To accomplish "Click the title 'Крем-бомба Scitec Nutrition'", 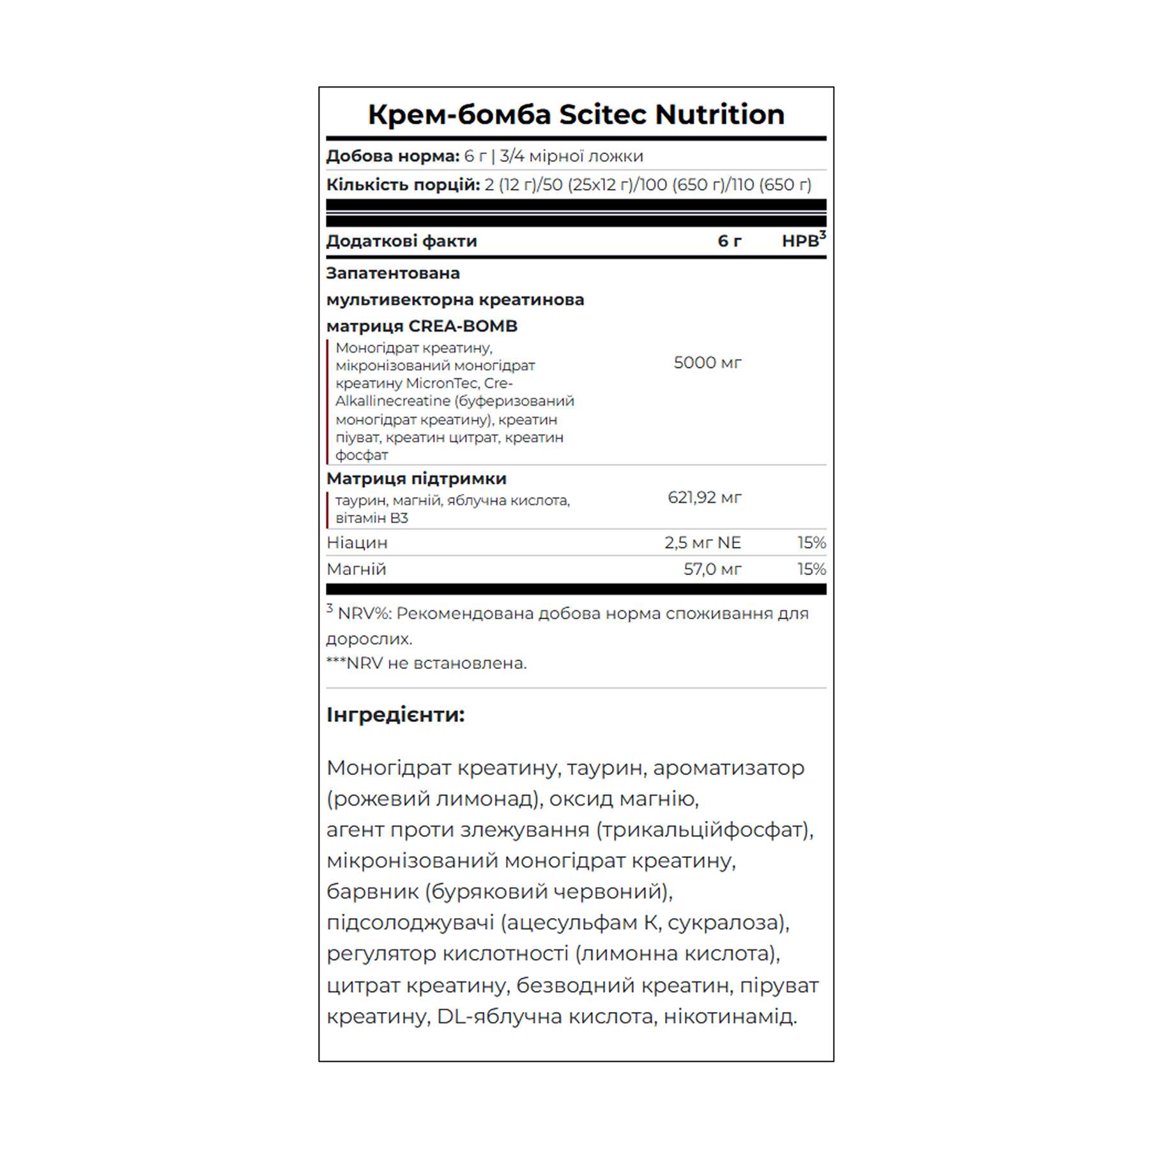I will click(576, 114).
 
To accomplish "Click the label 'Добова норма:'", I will click(392, 156).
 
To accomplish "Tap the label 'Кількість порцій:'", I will click(402, 185).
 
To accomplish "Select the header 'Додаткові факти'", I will click(401, 241).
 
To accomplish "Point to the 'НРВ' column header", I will click(800, 241).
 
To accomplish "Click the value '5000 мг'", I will click(707, 363).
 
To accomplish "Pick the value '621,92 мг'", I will click(704, 497).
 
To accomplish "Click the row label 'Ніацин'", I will click(356, 542).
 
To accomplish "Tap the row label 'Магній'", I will click(356, 569).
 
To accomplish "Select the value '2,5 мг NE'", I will click(702, 542).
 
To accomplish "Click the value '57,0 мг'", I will click(712, 569).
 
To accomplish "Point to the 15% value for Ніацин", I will click(811, 542).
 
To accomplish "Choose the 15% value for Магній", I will click(811, 569).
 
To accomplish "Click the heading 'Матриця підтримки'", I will click(416, 479).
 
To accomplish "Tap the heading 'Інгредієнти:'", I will click(395, 714).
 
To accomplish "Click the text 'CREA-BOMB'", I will click(463, 326).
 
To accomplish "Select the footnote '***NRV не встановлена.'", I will click(426, 663).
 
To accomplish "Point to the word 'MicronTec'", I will click(441, 383).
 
